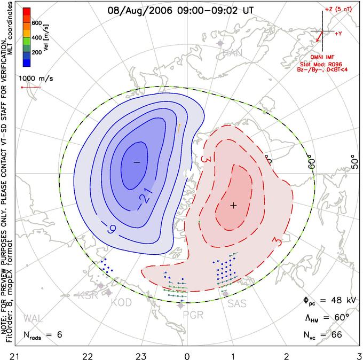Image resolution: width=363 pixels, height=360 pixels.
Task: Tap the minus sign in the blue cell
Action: click(x=136, y=161)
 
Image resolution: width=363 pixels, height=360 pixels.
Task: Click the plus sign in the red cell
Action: click(x=233, y=205)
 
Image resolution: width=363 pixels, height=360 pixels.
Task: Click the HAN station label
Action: click(x=232, y=53)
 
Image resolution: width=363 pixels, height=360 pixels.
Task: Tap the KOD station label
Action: click(x=121, y=303)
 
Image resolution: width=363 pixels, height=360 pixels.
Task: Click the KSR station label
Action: click(x=85, y=295)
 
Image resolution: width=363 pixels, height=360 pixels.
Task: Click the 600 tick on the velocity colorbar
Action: click(x=37, y=23)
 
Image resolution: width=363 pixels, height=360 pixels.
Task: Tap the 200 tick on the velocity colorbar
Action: click(x=37, y=53)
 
